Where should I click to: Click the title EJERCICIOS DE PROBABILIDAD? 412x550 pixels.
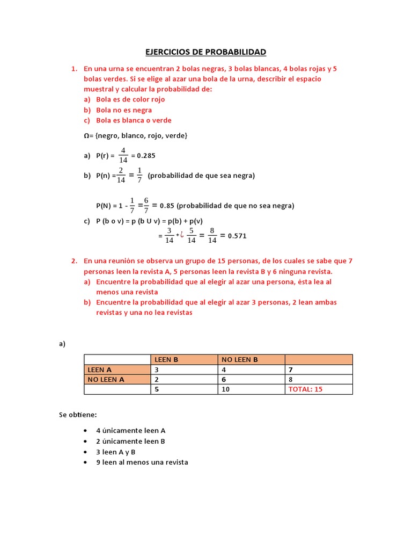206,52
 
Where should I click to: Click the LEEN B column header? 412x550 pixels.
166,359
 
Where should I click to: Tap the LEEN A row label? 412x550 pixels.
100,370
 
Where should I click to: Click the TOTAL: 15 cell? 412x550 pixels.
305,389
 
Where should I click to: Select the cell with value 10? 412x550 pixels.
225,389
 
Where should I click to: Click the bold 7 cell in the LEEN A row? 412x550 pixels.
290,370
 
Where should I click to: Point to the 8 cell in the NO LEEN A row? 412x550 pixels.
290,379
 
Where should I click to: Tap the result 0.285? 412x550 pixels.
146,156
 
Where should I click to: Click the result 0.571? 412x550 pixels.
237,236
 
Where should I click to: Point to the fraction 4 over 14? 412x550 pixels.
123,155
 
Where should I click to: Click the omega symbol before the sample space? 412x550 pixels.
86,136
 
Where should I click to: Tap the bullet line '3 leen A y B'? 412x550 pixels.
115,452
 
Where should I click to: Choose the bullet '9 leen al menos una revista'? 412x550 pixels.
142,462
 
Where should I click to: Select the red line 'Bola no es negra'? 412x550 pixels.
123,110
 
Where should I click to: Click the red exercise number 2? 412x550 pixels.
74,261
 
